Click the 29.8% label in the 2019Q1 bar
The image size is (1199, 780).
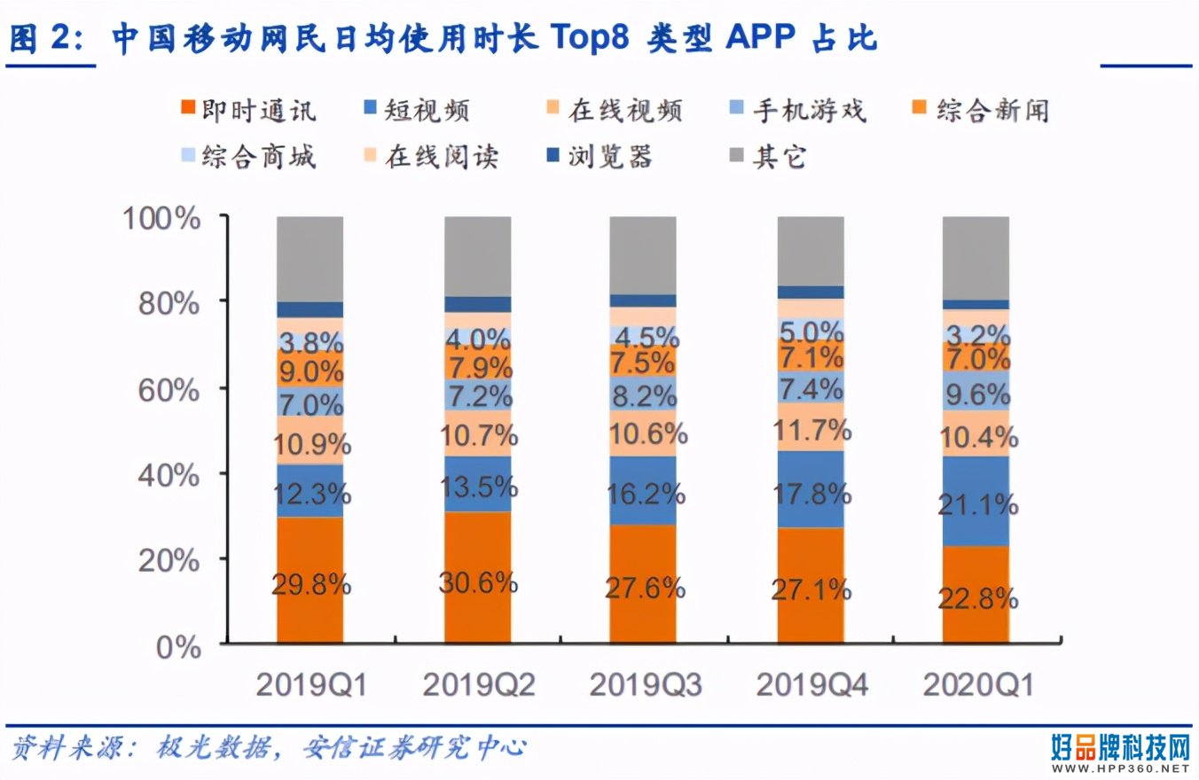310,586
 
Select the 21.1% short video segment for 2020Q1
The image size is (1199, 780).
976,505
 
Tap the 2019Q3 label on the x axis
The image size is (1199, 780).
645,685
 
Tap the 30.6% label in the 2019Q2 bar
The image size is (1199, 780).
478,582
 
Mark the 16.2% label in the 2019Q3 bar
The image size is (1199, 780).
645,495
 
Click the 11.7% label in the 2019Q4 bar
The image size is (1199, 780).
811,432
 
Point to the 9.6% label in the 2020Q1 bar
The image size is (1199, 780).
976,393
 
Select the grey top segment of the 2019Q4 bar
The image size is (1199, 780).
811,250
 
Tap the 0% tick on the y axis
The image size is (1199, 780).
177,647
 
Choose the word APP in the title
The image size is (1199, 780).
759,39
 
